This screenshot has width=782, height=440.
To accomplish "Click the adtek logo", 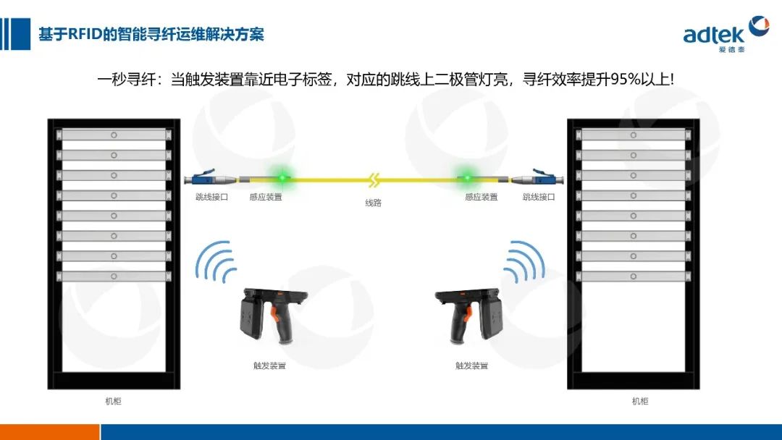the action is tap(726, 34).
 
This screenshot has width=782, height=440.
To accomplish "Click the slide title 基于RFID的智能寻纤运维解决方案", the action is tap(151, 35).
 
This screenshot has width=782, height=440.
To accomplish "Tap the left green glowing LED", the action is tap(282, 178).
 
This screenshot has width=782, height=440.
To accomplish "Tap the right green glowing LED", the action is tap(467, 178).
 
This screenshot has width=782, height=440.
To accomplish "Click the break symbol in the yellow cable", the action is tap(374, 180).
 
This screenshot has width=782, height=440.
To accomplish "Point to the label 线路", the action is tap(373, 203).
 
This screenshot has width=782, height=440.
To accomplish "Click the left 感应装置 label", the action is tap(266, 197).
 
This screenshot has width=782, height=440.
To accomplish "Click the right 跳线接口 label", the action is tap(539, 197).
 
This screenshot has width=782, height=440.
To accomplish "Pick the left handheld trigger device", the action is tap(273, 316).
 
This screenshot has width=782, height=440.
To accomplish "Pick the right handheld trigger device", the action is tap(468, 316).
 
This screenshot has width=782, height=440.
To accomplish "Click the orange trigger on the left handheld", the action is tap(275, 314).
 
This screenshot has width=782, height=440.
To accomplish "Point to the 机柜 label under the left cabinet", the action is tap(113, 401).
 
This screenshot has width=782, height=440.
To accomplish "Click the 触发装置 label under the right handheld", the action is tap(472, 365).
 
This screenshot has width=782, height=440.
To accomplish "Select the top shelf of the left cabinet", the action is tap(114, 135).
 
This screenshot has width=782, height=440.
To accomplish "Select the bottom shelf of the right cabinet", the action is tap(634, 276).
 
